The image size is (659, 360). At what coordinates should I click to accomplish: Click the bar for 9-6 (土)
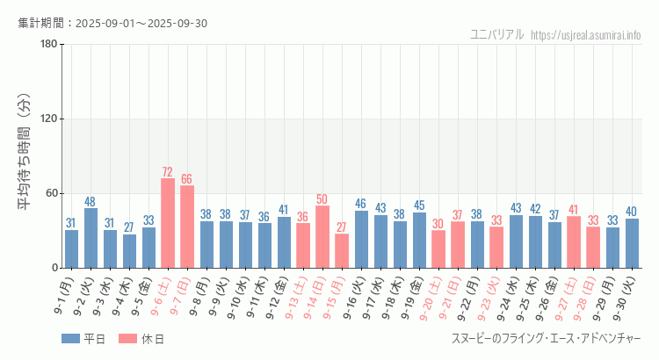click(168, 223)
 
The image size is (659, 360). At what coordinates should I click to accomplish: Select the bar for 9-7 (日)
click(187, 227)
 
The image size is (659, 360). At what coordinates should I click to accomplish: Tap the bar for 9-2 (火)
click(91, 238)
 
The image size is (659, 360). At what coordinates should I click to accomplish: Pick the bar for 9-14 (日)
click(322, 236)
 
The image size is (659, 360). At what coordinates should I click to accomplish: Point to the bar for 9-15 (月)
click(342, 250)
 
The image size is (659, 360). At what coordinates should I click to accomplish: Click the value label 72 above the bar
click(168, 172)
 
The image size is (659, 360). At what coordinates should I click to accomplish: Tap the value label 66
click(187, 179)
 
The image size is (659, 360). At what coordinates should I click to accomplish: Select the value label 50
click(322, 199)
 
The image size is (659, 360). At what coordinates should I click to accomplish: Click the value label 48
click(91, 202)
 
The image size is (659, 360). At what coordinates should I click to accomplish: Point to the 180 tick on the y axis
click(49, 45)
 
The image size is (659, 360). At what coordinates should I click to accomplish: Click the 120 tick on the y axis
click(49, 119)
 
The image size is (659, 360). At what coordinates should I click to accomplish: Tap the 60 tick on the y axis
click(52, 193)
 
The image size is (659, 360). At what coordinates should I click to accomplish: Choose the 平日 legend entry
click(83, 339)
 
